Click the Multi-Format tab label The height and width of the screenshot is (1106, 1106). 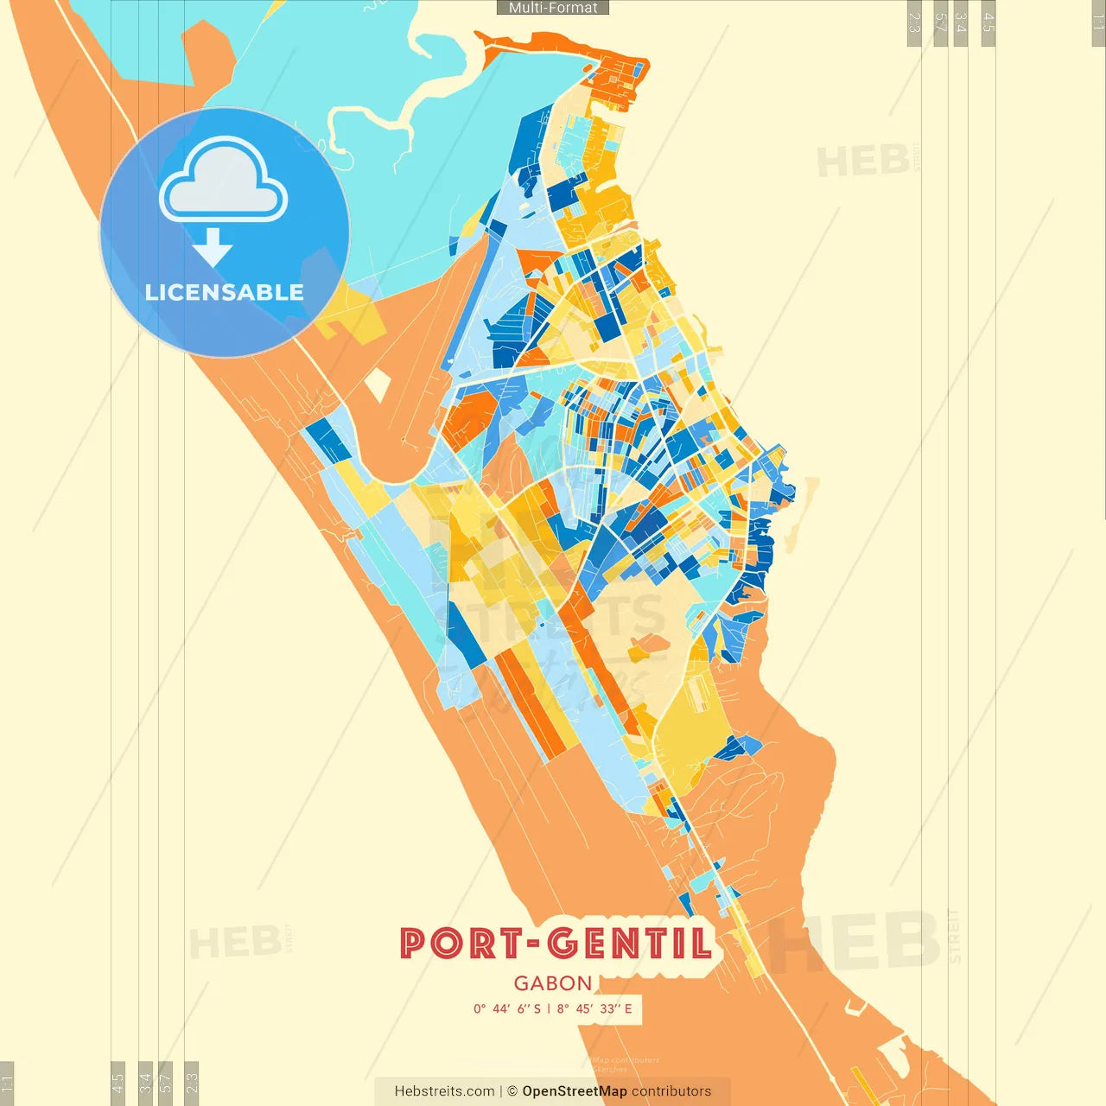click(553, 8)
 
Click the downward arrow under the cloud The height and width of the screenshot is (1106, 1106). click(213, 248)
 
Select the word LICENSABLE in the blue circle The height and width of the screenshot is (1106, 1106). click(224, 293)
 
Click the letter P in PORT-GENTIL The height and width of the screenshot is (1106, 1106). click(416, 943)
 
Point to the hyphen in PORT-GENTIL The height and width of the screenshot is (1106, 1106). click(532, 944)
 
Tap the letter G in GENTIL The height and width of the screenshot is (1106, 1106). click(564, 943)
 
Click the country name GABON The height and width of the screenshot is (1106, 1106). click(553, 983)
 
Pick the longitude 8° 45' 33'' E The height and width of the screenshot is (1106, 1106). click(594, 1008)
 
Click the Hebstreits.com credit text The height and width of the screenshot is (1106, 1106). click(444, 1091)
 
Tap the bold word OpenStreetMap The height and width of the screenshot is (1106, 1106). click(575, 1091)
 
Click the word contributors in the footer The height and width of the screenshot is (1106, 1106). click(671, 1091)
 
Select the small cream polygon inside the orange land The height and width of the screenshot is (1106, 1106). click(377, 385)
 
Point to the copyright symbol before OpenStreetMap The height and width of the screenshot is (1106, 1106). click(512, 1091)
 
